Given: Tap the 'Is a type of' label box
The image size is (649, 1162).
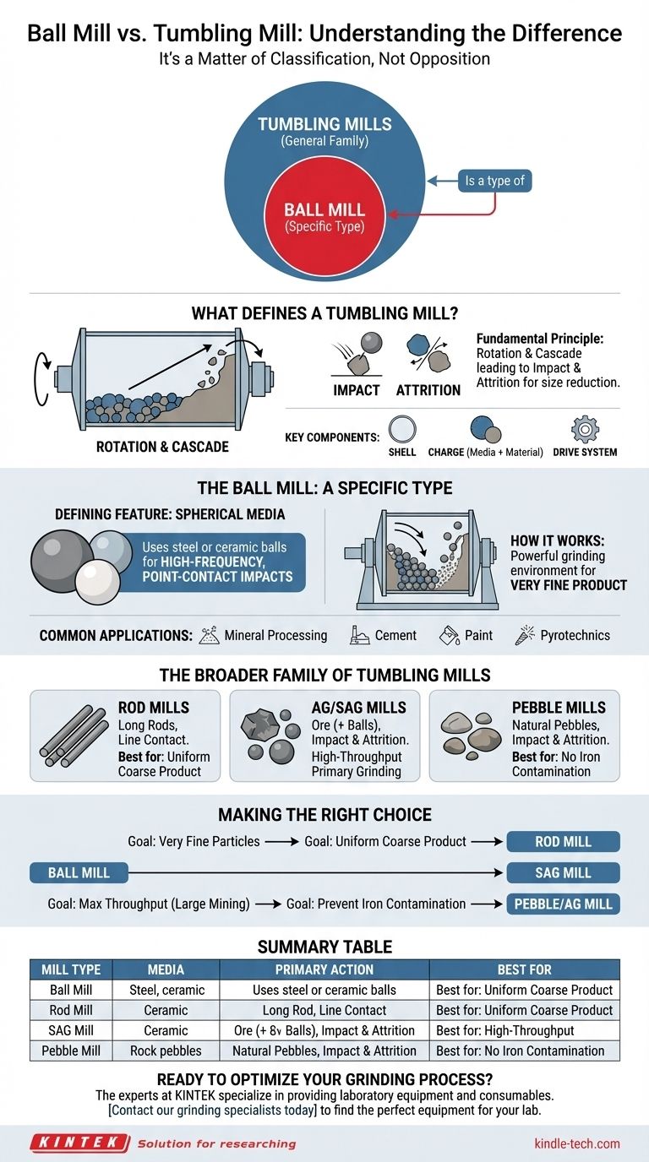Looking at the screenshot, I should [494, 181].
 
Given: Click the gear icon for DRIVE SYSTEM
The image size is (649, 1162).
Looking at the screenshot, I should [585, 430].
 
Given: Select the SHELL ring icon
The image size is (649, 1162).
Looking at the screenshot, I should [402, 430].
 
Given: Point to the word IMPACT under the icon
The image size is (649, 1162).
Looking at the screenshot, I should [356, 390].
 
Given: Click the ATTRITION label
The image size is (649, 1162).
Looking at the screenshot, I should [428, 390].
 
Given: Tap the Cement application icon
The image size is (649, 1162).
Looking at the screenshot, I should [360, 635].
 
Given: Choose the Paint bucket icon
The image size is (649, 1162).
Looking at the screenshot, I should [450, 635].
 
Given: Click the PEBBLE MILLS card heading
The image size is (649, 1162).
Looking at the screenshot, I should [559, 708].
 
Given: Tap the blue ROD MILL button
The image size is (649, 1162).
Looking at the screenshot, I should [563, 841].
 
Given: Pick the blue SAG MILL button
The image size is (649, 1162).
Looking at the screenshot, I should [563, 872].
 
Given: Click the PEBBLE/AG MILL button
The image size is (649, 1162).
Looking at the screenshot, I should [563, 904].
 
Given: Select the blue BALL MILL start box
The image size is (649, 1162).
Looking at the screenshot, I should [78, 872].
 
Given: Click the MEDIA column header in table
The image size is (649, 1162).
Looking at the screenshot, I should [166, 969].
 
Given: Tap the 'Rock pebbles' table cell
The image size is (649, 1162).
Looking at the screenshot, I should [166, 1051].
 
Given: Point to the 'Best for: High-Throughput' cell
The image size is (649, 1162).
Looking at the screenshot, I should [524, 1030].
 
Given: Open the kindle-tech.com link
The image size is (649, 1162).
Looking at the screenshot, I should [576, 1143].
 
